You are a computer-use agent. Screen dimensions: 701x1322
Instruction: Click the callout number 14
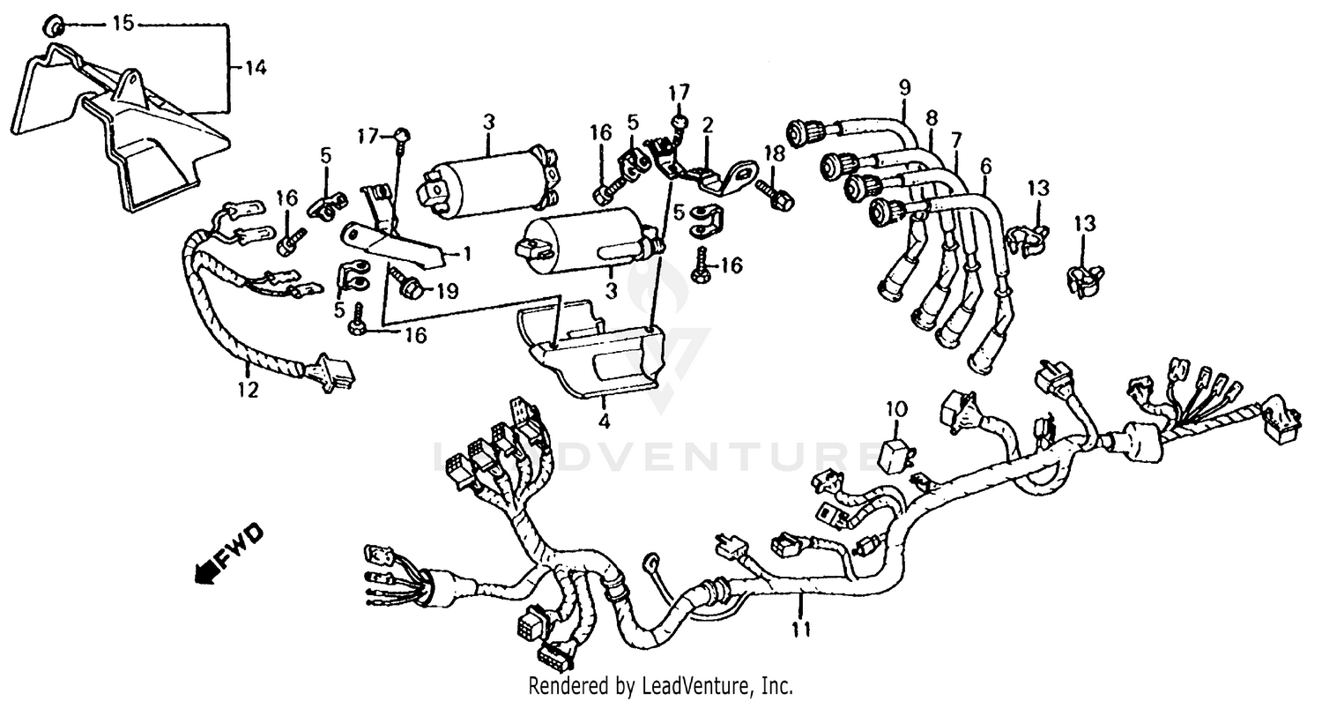(x=255, y=68)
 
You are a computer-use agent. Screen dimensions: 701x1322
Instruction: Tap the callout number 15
(x=123, y=24)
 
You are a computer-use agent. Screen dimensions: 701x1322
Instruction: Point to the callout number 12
(x=249, y=389)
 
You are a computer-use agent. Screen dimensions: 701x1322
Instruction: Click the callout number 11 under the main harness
(x=801, y=629)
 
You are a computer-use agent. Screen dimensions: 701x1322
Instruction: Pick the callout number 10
(x=895, y=408)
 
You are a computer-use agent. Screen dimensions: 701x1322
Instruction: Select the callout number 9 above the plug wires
(x=904, y=87)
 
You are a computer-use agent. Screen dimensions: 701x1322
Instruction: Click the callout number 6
(x=985, y=165)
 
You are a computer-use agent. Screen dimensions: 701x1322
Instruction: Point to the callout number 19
(x=448, y=291)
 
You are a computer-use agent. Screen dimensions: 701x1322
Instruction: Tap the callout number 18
(x=774, y=153)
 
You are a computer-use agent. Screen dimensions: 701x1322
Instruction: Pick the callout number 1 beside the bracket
(x=467, y=253)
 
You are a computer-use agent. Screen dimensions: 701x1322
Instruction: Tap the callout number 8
(x=932, y=117)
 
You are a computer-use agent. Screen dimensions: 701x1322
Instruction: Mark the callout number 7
(x=957, y=140)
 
